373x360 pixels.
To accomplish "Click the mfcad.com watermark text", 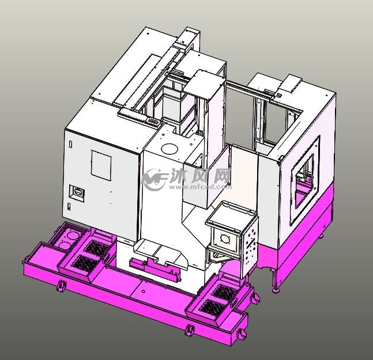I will (x=208, y=187).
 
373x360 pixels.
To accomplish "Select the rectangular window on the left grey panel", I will (x=101, y=165).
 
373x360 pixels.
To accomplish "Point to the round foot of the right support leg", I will (x=276, y=290).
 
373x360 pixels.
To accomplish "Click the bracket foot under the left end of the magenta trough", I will (x=60, y=286).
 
